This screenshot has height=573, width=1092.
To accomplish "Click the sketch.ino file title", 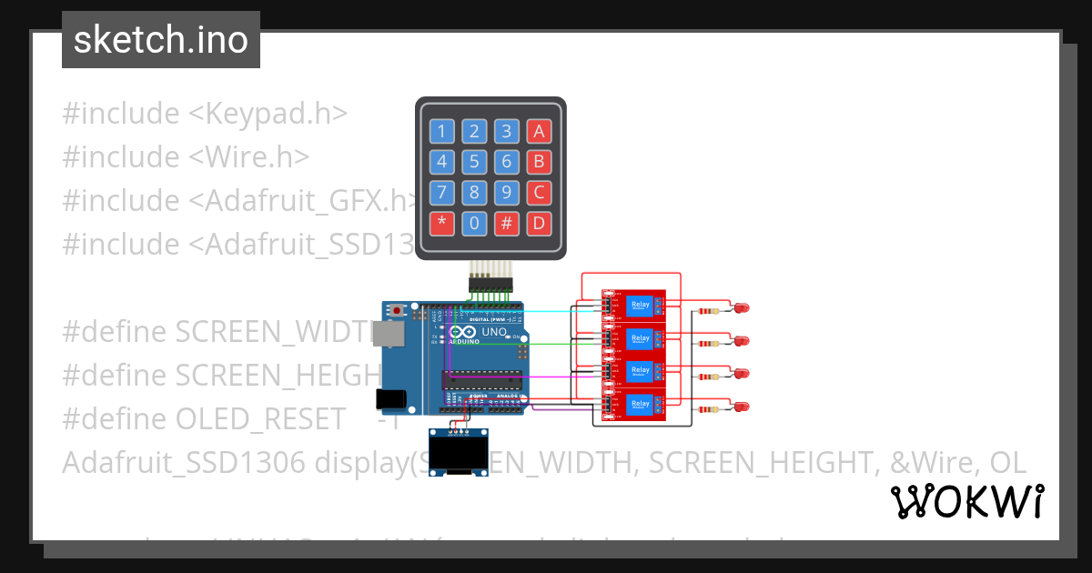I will coord(160,40).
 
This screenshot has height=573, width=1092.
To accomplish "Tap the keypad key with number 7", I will coord(442,193).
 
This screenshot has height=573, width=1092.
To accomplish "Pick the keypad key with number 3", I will coord(507,132).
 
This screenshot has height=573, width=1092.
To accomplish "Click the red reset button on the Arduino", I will coord(398,310).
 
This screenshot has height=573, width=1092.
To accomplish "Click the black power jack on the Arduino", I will coord(389,397).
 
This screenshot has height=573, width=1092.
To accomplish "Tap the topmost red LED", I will coord(742,308).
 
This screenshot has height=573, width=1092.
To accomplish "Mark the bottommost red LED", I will coord(742,407).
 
